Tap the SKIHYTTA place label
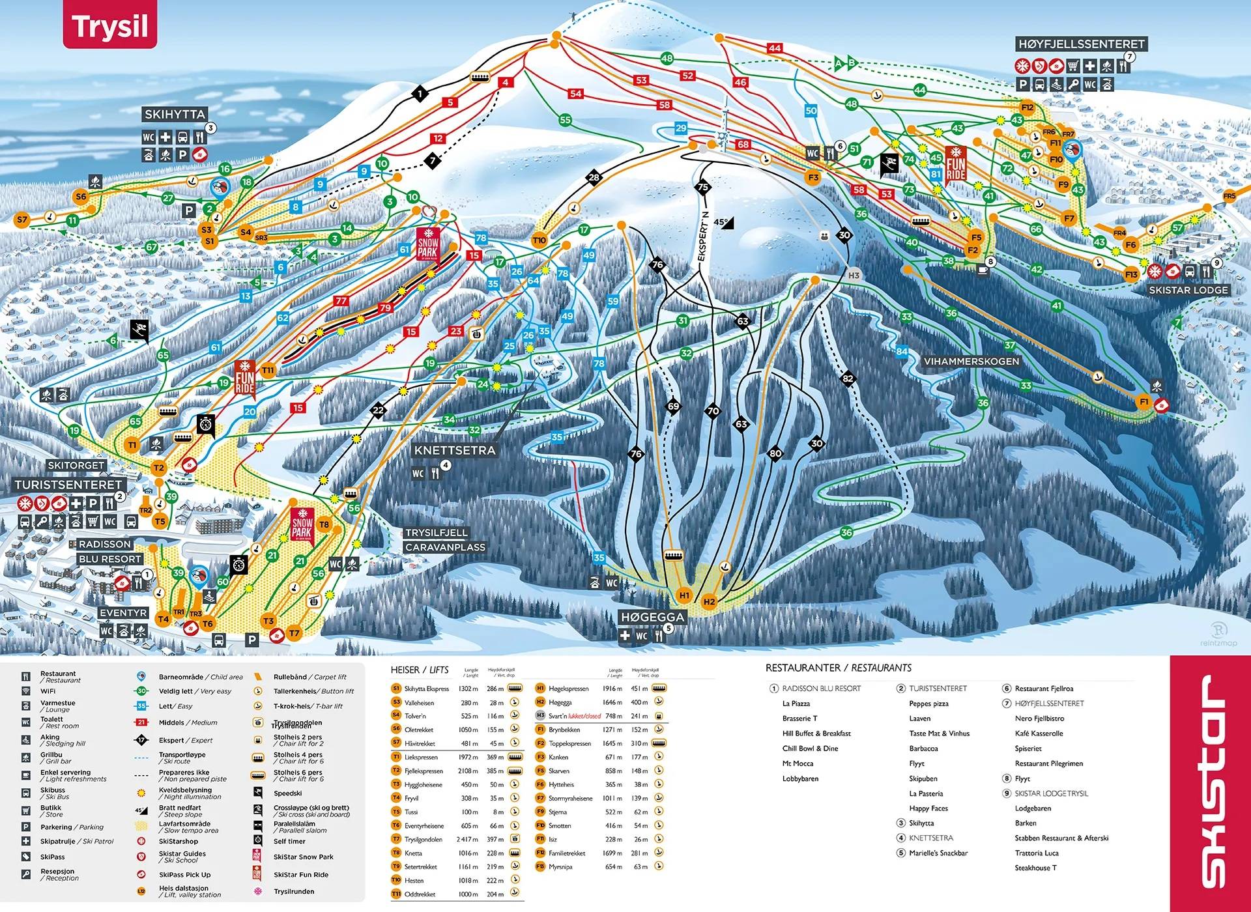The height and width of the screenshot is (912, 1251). coord(175,114)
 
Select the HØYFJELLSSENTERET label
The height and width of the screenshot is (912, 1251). coord(1081,44)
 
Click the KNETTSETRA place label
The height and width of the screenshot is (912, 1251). coord(455,450)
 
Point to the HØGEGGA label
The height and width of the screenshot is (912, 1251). coord(652,616)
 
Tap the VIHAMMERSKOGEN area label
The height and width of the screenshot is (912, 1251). coord(971,361)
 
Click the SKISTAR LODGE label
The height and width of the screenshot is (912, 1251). coord(1188,290)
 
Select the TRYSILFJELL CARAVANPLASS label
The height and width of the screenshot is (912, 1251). coord(445,540)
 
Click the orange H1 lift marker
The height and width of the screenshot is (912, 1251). coord(684,595)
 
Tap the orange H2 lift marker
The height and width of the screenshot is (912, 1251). coord(710,601)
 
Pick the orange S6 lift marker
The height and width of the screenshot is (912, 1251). coord(81,196)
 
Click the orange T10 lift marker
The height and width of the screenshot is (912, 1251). coord(539,240)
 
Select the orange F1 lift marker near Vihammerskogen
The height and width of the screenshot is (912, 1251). coord(1143,401)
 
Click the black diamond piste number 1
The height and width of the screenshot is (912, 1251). coord(420,94)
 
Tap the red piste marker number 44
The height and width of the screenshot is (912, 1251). coord(774,48)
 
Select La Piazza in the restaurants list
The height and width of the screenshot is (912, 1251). coord(796,704)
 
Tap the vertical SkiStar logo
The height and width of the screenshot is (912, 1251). coord(1211,782)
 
